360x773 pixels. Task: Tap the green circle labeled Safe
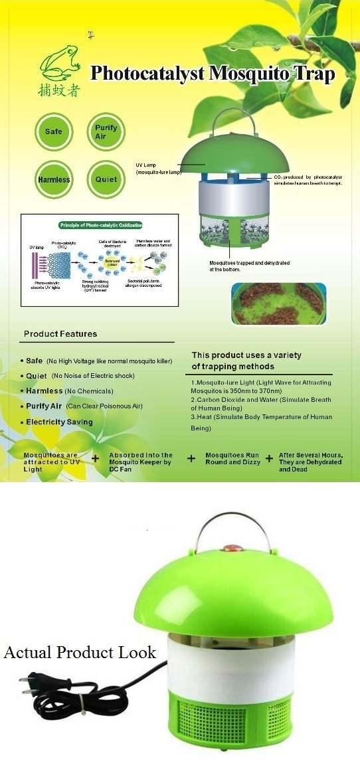(53, 131)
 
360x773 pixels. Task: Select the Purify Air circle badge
(106, 131)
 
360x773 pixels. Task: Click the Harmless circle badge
(53, 179)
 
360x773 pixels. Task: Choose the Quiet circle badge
(106, 179)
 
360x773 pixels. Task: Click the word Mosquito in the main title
(248, 73)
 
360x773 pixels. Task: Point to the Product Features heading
(60, 334)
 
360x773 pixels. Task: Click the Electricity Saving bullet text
(59, 422)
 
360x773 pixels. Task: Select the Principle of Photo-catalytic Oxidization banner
(100, 225)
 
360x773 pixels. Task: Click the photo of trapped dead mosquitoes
(278, 303)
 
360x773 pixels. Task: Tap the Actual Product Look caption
(80, 652)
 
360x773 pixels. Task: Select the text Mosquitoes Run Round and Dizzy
(232, 458)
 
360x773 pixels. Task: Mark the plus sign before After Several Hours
(270, 458)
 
